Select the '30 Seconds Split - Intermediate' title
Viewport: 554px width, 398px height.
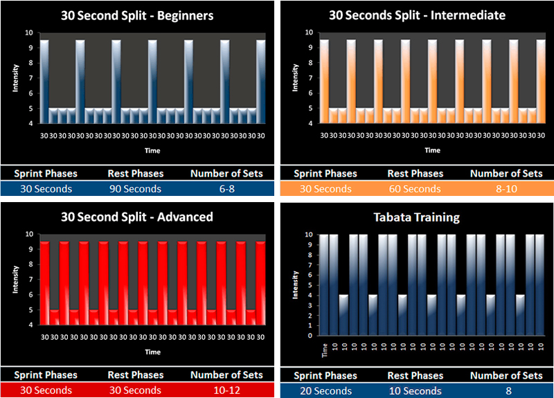point(417,15)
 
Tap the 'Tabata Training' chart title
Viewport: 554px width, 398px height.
point(417,217)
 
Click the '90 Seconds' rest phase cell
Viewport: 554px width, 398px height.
point(134,188)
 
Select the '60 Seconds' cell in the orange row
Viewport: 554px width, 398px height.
point(415,188)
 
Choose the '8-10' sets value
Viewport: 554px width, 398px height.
point(506,188)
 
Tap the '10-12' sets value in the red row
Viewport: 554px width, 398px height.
point(226,390)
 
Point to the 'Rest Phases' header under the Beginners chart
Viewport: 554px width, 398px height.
point(135,173)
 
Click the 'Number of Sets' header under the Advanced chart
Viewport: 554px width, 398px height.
point(226,374)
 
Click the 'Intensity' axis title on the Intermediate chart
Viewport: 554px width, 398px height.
point(296,78)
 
